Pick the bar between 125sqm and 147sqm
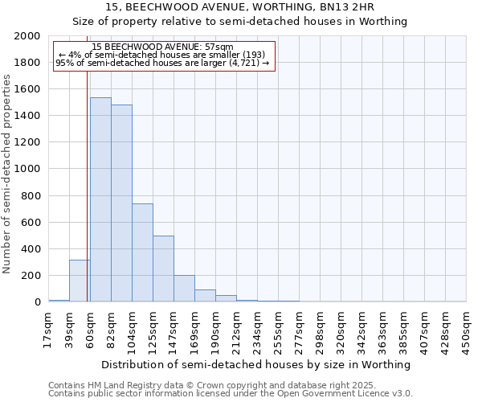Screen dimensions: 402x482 (x=163, y=269)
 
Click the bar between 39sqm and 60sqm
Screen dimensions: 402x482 (x=80, y=281)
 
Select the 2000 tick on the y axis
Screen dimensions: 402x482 (x=27, y=36)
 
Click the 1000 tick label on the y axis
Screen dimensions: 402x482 (x=27, y=169)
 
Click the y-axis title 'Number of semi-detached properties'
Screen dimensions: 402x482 (x=8, y=174)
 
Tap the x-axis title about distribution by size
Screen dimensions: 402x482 (x=257, y=364)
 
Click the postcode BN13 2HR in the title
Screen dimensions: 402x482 (x=349, y=7)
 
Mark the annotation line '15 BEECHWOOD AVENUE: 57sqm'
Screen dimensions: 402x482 (x=163, y=47)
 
